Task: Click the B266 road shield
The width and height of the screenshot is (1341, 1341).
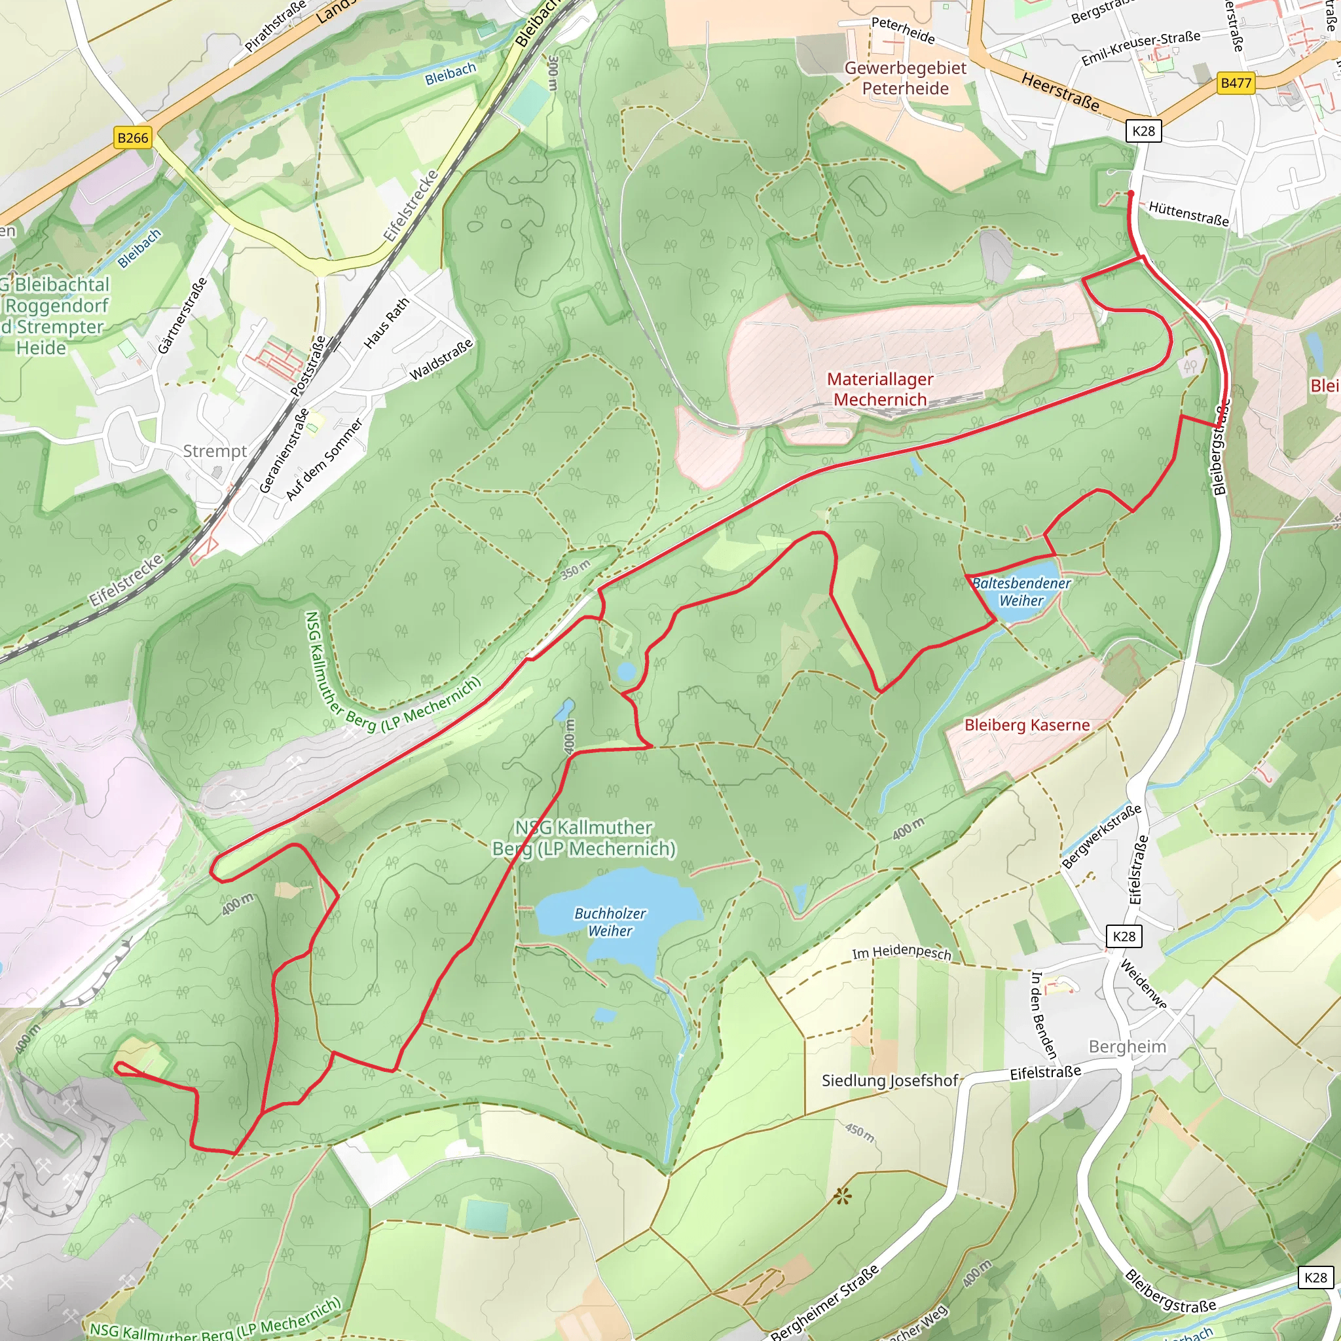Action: pos(132,138)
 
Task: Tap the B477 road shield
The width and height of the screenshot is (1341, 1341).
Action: pos(1236,83)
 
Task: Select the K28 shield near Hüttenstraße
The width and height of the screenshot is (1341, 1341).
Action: pos(1143,131)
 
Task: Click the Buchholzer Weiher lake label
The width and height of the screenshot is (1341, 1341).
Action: pos(610,923)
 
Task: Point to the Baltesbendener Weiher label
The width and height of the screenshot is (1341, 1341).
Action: pos(1021,592)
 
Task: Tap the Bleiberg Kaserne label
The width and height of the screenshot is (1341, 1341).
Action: pos(1027,726)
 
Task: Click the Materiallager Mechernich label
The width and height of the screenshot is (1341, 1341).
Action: pos(880,390)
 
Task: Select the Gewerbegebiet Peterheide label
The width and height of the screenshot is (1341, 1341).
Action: pos(905,78)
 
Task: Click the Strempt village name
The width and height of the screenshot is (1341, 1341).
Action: pos(215,451)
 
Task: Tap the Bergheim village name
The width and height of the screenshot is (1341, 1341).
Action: pos(1128,1047)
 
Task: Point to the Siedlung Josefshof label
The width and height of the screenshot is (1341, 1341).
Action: pos(890,1080)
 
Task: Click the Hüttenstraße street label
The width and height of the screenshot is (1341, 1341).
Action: pos(1188,213)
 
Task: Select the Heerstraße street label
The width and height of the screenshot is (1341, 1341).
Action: pos(1061,92)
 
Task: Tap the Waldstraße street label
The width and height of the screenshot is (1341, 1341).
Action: pos(441,359)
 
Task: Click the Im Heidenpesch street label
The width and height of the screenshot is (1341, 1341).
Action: pos(902,953)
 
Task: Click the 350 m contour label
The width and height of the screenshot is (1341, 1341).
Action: pos(576,569)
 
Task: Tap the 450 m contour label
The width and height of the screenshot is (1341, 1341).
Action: pos(859,1131)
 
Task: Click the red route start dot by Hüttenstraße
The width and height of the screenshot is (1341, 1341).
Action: pos(1131,194)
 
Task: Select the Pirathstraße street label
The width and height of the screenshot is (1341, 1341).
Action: pos(275,27)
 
